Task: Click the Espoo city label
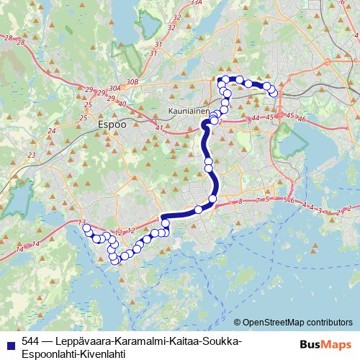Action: [111, 123]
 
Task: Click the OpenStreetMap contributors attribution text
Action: [296, 323]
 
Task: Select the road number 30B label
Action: [131, 83]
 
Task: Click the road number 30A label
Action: [114, 89]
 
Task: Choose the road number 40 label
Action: [122, 104]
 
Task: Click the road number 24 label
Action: [51, 131]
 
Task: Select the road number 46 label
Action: [302, 119]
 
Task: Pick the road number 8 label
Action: [240, 202]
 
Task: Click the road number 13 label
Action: [82, 222]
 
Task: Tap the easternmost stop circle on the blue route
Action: [274, 92]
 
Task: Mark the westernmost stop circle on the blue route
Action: [87, 228]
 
